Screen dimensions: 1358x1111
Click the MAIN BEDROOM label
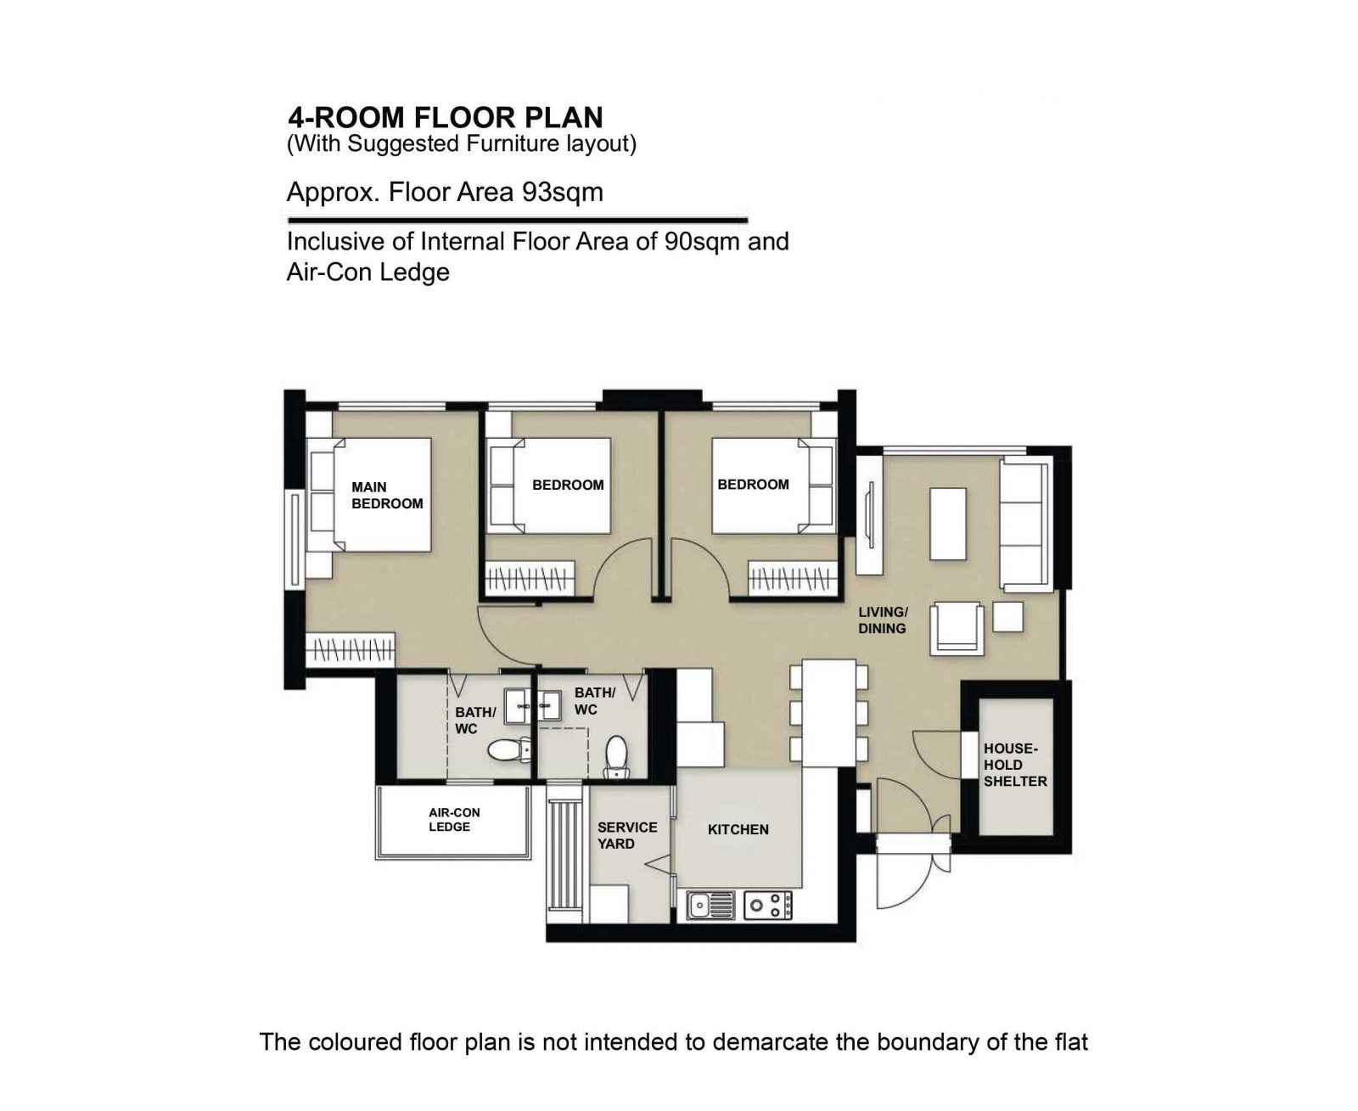click(387, 496)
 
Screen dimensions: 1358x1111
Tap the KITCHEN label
click(738, 829)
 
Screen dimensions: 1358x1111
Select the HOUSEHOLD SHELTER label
click(1015, 766)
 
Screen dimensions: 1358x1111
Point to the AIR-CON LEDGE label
click(454, 820)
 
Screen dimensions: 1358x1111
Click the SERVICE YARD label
click(627, 835)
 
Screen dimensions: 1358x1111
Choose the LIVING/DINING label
click(883, 620)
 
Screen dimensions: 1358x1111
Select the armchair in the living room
click(957, 629)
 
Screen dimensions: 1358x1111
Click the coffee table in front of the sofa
click(948, 524)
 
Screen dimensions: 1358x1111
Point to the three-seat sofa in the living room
click(1026, 524)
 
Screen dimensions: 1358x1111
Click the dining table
click(828, 713)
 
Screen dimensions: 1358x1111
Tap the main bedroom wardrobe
click(351, 650)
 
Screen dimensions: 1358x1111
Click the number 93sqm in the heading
click(562, 192)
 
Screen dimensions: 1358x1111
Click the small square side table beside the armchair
click(1007, 617)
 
